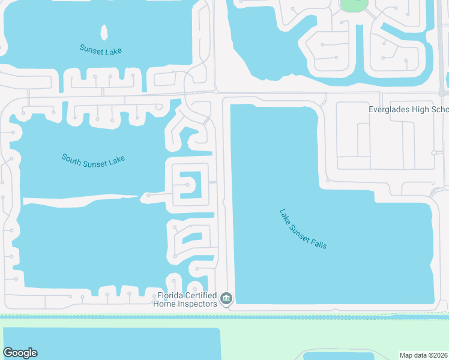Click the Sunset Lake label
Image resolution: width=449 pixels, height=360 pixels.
(x=100, y=49)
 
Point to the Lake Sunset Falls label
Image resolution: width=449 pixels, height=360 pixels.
(x=303, y=229)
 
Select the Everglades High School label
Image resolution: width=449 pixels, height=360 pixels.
(x=408, y=110)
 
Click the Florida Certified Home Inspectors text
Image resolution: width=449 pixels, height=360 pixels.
(x=187, y=299)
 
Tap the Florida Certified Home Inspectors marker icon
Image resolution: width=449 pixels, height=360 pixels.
(x=226, y=298)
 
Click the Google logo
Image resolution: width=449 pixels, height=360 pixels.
(x=20, y=353)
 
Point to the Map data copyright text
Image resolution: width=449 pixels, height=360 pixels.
(x=424, y=355)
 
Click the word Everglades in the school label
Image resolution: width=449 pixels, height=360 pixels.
(x=390, y=110)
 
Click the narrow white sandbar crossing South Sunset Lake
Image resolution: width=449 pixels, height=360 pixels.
(x=78, y=199)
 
